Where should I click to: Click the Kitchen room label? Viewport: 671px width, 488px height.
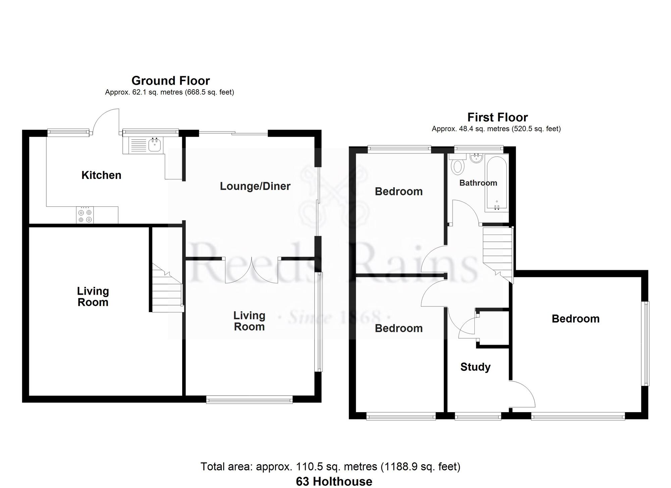(x=101, y=175)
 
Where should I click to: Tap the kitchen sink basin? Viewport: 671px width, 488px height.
(x=155, y=145)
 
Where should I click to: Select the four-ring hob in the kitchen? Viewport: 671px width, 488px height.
(x=85, y=215)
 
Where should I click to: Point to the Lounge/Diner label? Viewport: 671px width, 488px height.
(x=255, y=186)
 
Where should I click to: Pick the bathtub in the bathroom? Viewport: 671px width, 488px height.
(x=497, y=184)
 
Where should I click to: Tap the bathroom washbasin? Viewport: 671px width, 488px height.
(x=476, y=158)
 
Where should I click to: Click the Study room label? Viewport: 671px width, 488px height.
(x=475, y=367)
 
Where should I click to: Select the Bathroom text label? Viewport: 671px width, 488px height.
(x=478, y=183)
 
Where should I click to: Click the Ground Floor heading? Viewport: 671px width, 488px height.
(x=171, y=81)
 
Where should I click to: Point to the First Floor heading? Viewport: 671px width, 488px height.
(x=498, y=117)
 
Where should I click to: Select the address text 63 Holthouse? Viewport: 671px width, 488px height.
(x=334, y=481)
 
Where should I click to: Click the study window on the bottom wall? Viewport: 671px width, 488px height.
(x=478, y=417)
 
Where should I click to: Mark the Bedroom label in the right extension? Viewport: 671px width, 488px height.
(x=576, y=319)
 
